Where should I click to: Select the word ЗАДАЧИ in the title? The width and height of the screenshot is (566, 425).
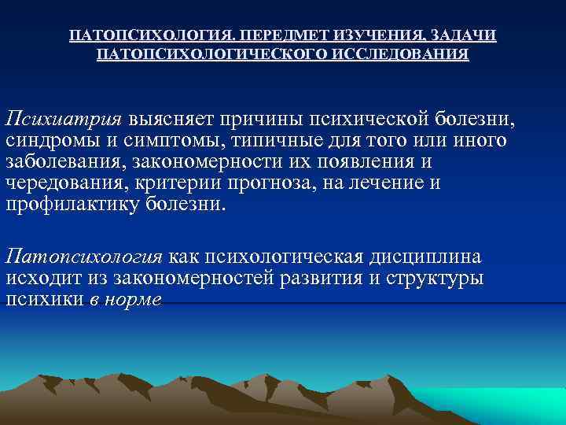pos(465,36)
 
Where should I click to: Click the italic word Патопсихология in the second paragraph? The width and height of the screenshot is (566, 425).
pos(84,257)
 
